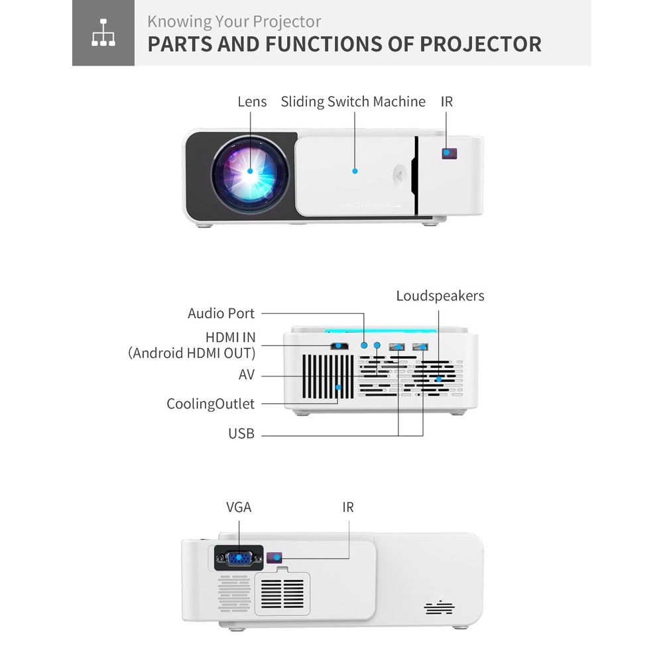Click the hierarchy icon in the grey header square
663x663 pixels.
(x=103, y=34)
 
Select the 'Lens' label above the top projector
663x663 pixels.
(x=252, y=101)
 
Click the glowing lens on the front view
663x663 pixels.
(x=251, y=171)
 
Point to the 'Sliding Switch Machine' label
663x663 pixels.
(x=353, y=101)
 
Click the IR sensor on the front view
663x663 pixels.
(x=449, y=154)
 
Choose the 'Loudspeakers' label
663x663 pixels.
(x=440, y=296)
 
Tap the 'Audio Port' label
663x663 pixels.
(x=221, y=313)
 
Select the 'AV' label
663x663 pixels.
(x=247, y=375)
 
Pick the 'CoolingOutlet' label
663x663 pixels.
(x=210, y=404)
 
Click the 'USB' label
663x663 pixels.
(x=241, y=434)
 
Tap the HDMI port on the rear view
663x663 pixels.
(x=340, y=346)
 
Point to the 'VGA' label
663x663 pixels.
(x=239, y=508)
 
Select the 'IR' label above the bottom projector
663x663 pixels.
(x=348, y=508)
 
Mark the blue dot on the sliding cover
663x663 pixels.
(x=355, y=171)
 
